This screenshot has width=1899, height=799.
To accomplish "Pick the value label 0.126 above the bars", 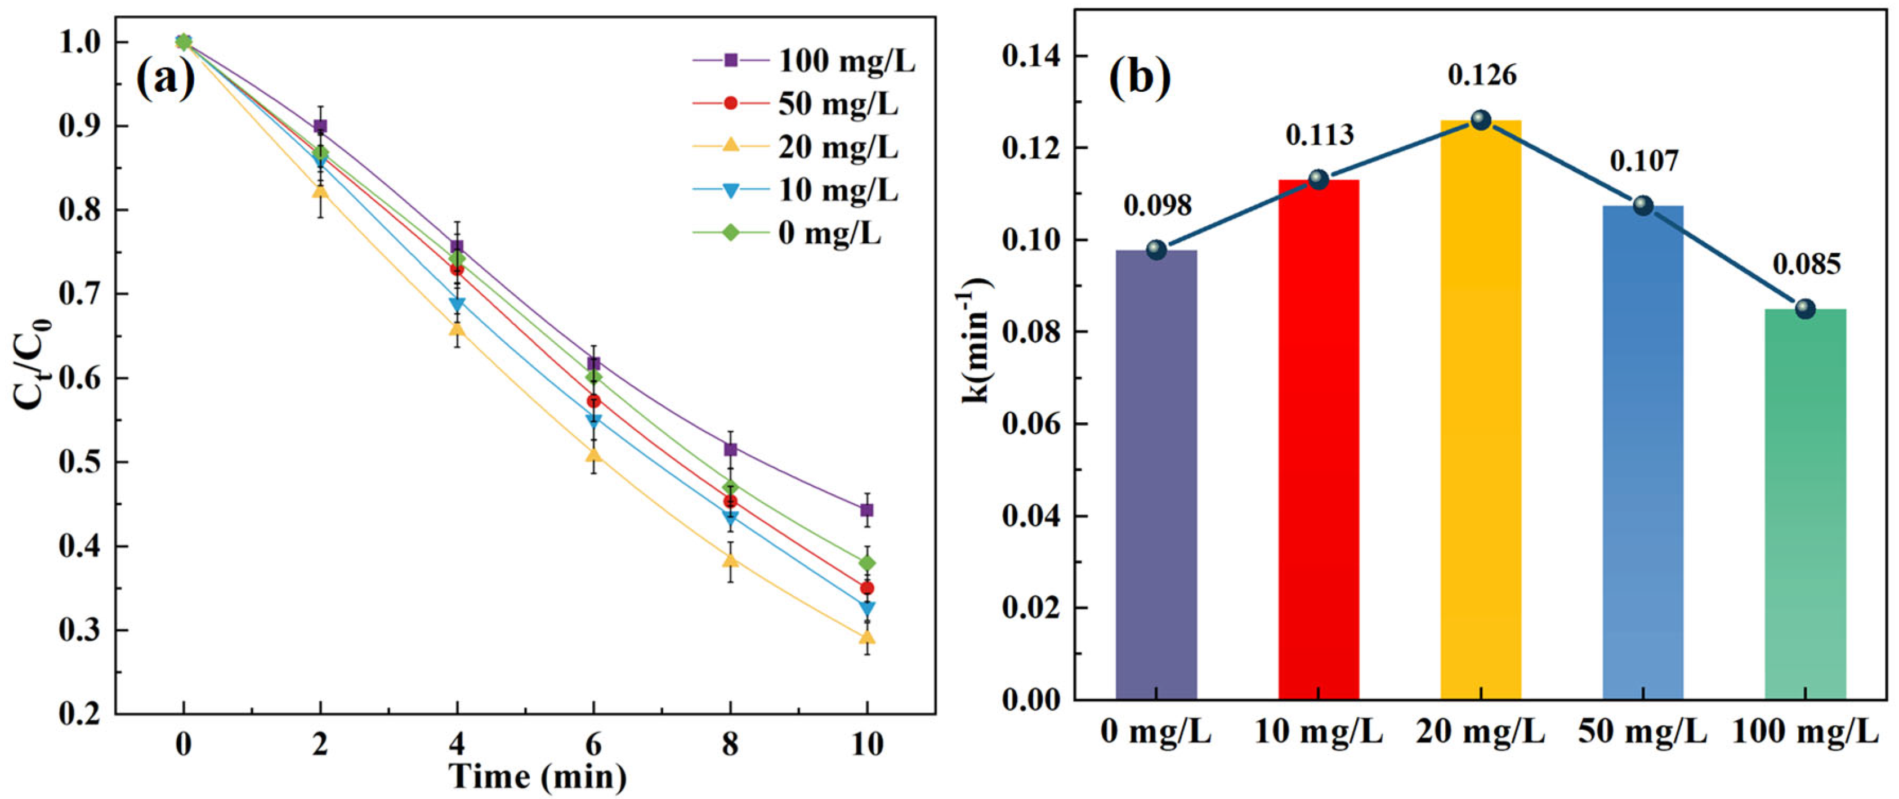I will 1482,75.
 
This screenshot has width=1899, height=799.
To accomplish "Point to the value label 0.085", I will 1806,264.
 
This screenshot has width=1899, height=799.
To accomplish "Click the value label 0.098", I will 1158,206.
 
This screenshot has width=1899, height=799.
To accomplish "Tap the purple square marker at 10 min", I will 867,510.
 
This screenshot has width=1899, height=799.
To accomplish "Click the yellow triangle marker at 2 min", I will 320,191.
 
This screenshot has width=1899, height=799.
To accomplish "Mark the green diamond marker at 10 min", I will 867,563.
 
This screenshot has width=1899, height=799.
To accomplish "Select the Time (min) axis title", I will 538,776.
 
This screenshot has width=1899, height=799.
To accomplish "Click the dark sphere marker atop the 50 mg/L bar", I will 1642,205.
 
